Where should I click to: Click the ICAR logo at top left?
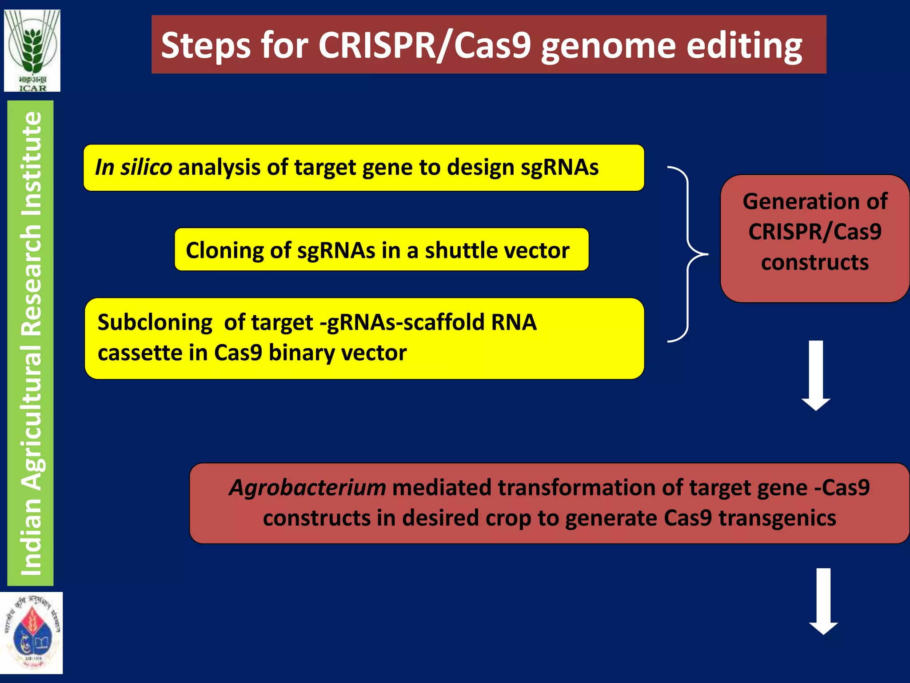tap(32, 51)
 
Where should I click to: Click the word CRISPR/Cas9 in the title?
tap(424, 45)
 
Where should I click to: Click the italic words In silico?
tap(133, 168)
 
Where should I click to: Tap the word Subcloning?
tap(155, 322)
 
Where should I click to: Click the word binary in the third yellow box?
tap(301, 353)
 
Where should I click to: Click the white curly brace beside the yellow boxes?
tap(688, 254)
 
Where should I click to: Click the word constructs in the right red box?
tap(814, 262)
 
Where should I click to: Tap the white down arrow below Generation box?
tap(816, 376)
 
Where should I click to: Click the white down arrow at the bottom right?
tap(823, 601)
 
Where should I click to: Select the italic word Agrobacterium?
tap(307, 488)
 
